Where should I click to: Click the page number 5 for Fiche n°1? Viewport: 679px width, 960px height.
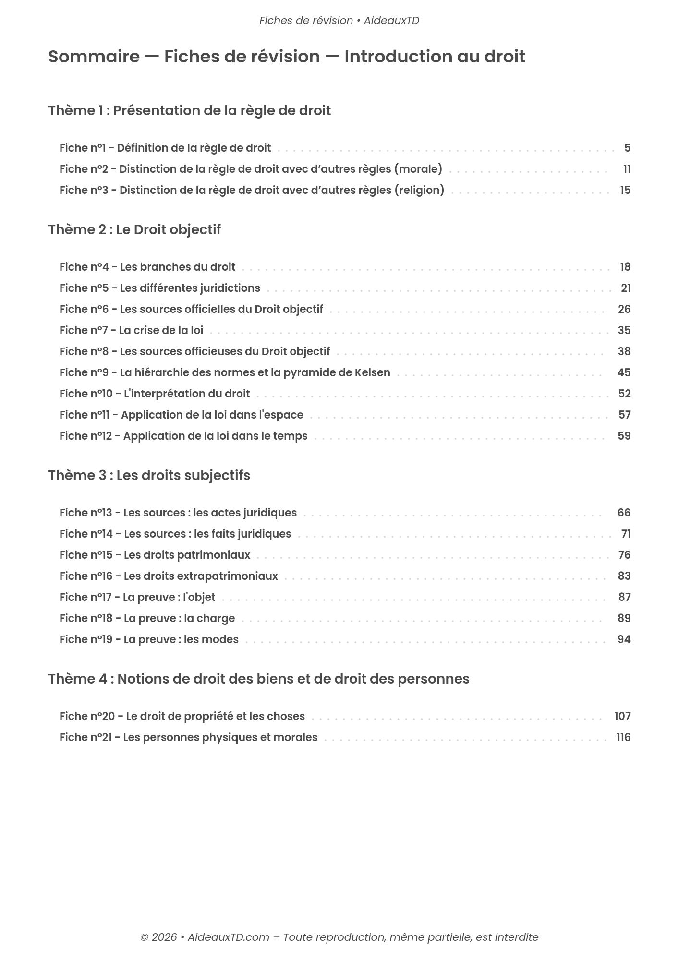point(627,148)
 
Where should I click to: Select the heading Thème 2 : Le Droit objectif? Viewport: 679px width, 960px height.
point(134,229)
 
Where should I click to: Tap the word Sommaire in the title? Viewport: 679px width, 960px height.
point(94,57)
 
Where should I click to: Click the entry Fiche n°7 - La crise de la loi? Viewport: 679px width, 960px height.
point(131,330)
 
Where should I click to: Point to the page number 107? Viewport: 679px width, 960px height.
point(622,716)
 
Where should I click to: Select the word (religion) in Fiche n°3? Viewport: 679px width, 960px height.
point(419,190)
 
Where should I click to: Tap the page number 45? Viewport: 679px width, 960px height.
point(624,372)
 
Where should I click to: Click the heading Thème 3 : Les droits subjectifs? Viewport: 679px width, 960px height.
point(149,475)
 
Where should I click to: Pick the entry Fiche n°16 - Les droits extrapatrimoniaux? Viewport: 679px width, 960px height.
point(169,576)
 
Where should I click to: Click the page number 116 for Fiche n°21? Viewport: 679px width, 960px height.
point(623,737)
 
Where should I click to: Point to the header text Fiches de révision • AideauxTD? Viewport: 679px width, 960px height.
point(339,21)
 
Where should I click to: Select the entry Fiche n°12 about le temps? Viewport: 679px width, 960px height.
point(183,436)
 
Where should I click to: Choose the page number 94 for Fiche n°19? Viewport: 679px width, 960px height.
point(624,639)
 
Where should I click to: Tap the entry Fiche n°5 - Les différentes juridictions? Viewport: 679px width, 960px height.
point(160,288)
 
